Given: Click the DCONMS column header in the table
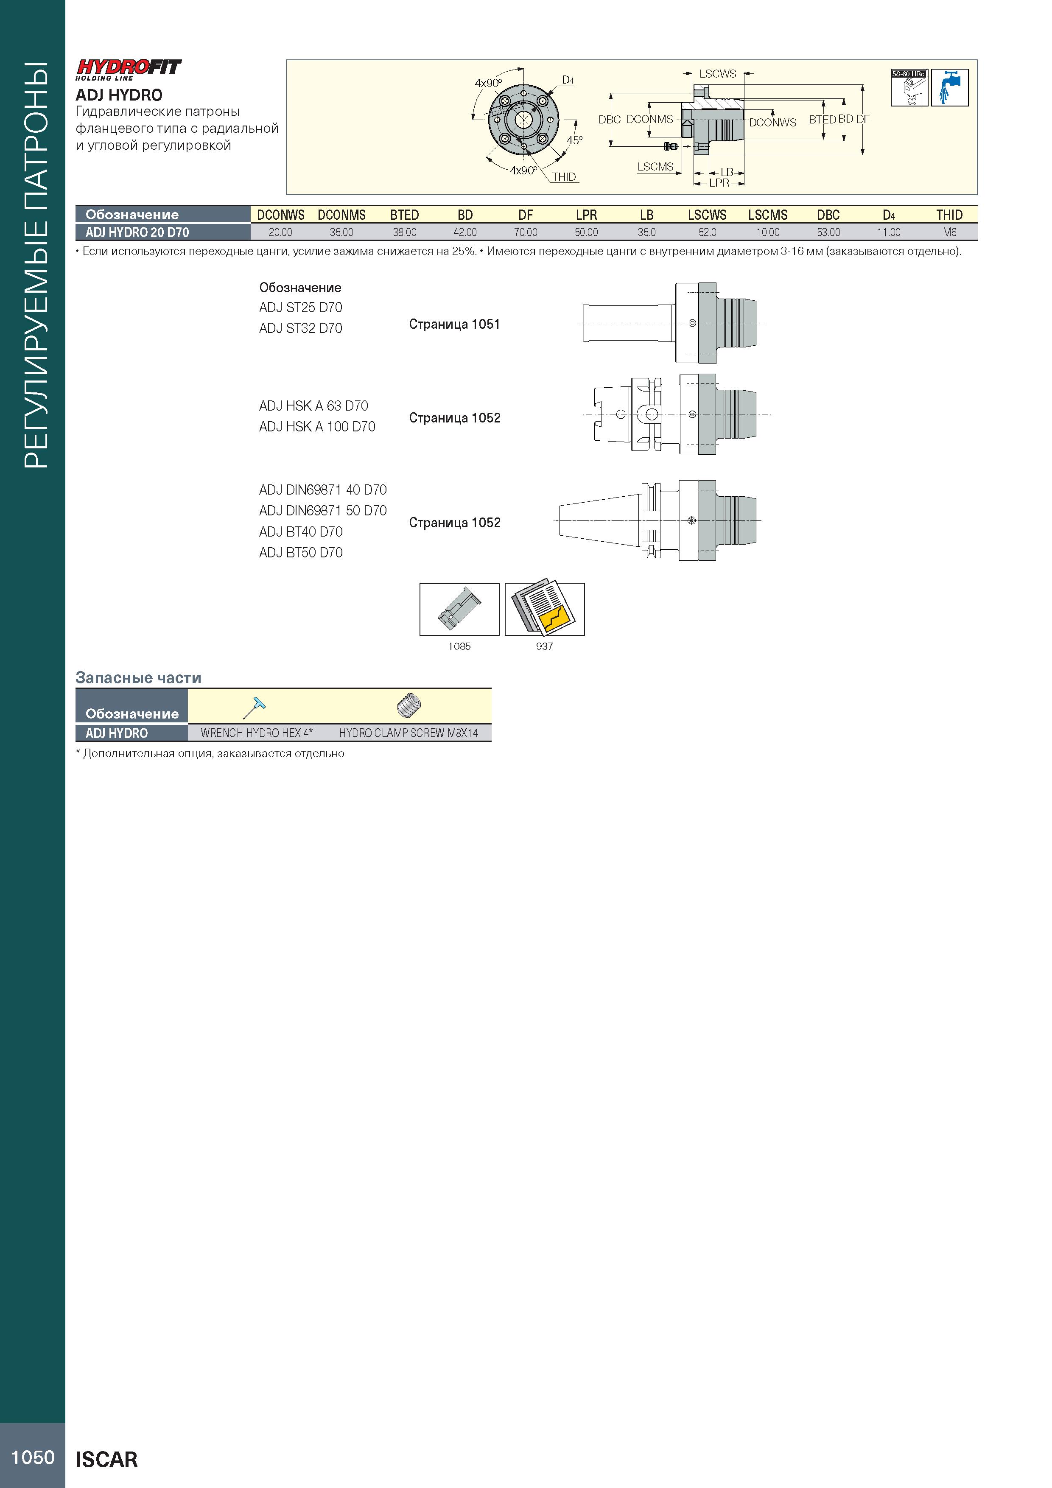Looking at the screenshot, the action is click(x=341, y=215).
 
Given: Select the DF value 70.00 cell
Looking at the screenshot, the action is click(x=526, y=232).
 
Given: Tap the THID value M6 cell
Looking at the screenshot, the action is click(x=950, y=232).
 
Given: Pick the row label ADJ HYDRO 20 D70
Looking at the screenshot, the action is click(x=137, y=232).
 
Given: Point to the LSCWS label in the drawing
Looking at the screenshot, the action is click(x=718, y=74).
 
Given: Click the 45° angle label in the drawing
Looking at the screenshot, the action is click(x=575, y=140).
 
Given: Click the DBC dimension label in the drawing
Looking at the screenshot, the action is click(x=609, y=120).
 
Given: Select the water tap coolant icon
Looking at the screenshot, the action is click(x=950, y=87).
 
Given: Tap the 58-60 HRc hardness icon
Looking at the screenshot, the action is click(x=909, y=87).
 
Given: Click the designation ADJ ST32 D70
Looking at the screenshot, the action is click(x=301, y=329).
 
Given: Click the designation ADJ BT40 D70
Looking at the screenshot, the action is click(x=301, y=532).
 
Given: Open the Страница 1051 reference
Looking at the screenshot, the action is click(x=454, y=324).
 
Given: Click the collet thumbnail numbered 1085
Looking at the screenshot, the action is click(x=459, y=609).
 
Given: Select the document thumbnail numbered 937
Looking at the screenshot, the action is click(x=545, y=609).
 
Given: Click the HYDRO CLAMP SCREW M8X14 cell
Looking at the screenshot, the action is click(x=408, y=733).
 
